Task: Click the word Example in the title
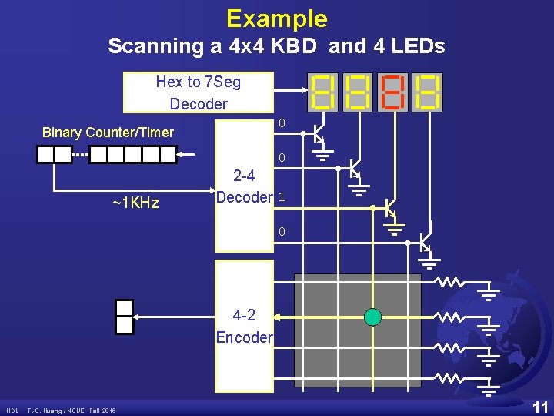277,18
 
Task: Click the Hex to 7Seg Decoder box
198,92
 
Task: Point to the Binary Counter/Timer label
108,133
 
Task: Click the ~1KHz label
135,203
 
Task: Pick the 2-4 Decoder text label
244,186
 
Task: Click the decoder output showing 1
282,197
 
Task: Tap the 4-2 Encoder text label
244,326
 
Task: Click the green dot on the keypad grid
372,317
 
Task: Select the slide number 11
540,407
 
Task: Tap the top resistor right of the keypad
451,283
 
